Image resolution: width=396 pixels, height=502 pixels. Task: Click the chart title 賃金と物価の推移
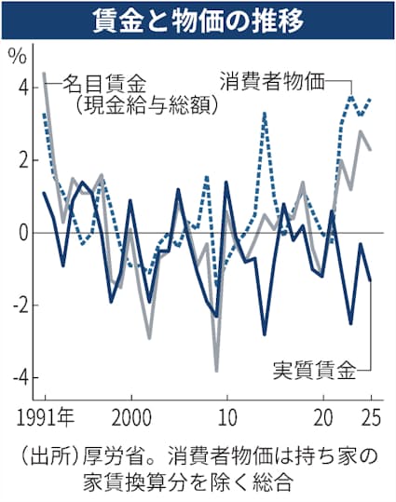(198, 20)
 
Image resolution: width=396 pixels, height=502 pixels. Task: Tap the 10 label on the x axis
(225, 413)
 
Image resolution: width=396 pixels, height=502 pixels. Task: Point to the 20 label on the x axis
(325, 413)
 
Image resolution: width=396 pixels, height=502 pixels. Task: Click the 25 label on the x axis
(370, 413)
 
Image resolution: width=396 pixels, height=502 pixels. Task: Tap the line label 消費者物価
(273, 79)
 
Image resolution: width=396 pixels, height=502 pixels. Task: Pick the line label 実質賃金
(314, 372)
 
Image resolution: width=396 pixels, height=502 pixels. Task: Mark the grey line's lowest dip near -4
(217, 370)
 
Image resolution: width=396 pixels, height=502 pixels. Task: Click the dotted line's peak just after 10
(265, 114)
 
